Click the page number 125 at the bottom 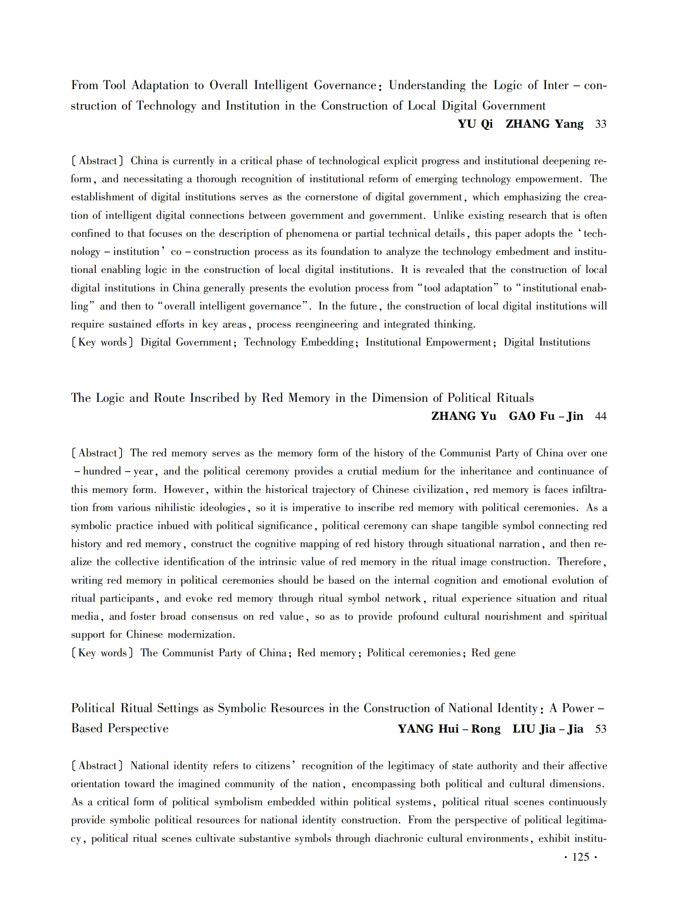(x=580, y=857)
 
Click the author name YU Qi (x=475, y=124)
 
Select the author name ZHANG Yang (x=544, y=124)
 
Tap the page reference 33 (x=601, y=124)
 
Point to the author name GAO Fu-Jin (x=546, y=416)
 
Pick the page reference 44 (x=601, y=416)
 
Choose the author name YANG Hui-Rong (x=449, y=729)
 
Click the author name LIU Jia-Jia (x=548, y=729)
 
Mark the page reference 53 (x=601, y=729)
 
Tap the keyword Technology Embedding (x=299, y=342)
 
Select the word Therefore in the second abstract (x=579, y=562)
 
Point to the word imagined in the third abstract (x=198, y=784)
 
